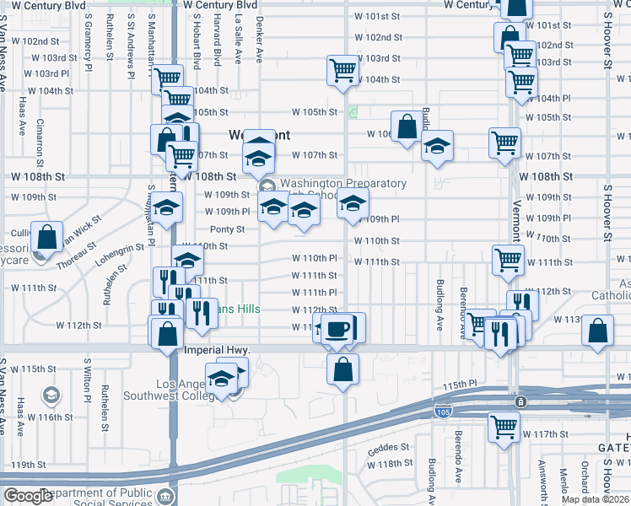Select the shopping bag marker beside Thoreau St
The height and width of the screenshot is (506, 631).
[48, 238]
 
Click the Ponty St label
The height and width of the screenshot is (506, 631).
[227, 229]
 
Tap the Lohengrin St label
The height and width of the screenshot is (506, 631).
[120, 256]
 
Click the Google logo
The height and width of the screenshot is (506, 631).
[27, 496]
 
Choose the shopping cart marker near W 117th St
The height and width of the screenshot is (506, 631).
[504, 427]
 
